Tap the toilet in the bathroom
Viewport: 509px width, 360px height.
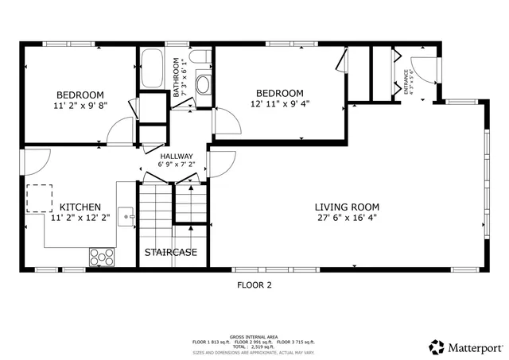(202, 56)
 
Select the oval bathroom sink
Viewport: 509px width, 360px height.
(202, 84)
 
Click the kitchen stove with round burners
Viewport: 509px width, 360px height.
(102, 256)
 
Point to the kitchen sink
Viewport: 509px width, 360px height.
(126, 214)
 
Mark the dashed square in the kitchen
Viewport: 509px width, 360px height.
(39, 198)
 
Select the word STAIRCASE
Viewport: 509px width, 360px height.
(170, 253)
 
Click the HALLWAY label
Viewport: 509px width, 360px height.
(176, 156)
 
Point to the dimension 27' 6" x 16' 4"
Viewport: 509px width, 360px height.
(347, 216)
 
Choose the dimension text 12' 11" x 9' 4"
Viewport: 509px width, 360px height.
(279, 103)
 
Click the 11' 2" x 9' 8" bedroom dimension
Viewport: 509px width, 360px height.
(80, 104)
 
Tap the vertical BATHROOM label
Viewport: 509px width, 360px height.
(177, 78)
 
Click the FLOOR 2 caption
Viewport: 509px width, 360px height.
(254, 285)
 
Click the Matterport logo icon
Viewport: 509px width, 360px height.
(437, 347)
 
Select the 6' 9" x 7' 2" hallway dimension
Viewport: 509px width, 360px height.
(176, 165)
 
